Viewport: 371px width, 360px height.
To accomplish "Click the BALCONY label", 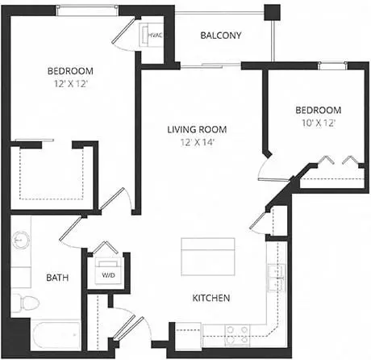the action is pyautogui.click(x=221, y=36).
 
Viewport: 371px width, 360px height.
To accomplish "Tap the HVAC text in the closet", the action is pyautogui.click(x=155, y=36).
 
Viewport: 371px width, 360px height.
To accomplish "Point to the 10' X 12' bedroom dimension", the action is pyautogui.click(x=319, y=123).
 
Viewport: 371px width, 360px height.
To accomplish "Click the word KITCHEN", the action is pyautogui.click(x=211, y=298).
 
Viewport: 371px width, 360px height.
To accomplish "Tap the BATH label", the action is pyautogui.click(x=57, y=278).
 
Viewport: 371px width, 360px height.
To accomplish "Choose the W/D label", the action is pyautogui.click(x=109, y=275).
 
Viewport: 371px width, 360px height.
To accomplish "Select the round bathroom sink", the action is pyautogui.click(x=21, y=241).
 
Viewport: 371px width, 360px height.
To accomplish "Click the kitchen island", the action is pyautogui.click(x=208, y=257).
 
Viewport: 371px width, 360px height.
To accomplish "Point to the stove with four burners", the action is pyautogui.click(x=237, y=335).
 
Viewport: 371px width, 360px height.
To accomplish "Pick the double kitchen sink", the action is pyautogui.click(x=276, y=278).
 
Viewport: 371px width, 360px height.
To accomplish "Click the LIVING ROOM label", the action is pyautogui.click(x=197, y=129).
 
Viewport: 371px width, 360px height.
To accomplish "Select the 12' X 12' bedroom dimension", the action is pyautogui.click(x=71, y=84).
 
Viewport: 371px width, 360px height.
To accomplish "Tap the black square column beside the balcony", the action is pyautogui.click(x=272, y=12).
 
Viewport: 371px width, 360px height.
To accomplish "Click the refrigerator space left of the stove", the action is pyautogui.click(x=189, y=336).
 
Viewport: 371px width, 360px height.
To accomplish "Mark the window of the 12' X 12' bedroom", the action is pyautogui.click(x=87, y=10).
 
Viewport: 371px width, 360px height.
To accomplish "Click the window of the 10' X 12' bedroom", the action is pyautogui.click(x=332, y=65).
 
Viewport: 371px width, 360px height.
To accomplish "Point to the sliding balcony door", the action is pyautogui.click(x=211, y=65).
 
